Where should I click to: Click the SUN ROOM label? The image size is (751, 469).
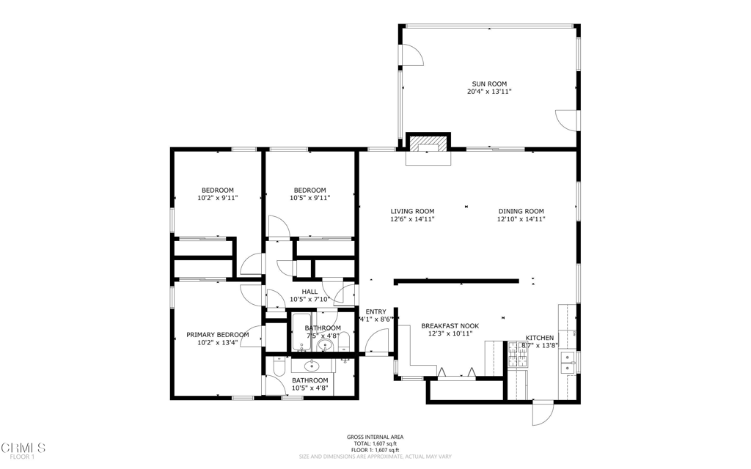488,84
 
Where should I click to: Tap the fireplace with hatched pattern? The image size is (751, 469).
428,144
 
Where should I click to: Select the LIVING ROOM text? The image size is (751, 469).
411,211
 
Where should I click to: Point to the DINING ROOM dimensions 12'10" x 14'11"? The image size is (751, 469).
520,219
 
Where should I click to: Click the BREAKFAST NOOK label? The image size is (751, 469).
450,325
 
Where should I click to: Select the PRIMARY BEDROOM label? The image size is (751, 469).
217,335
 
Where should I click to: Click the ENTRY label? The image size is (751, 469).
375,311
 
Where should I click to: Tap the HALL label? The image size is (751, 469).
309,292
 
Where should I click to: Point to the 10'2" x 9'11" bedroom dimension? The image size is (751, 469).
217,198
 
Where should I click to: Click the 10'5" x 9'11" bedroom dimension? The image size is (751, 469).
309,198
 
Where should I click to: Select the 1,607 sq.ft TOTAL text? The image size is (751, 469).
375,444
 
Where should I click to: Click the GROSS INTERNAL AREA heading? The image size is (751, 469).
375,437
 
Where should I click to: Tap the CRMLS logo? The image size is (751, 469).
23,447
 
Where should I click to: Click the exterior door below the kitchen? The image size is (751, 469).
541,414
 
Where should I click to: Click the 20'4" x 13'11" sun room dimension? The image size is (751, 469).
488,92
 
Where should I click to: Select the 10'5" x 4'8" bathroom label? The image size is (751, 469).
309,388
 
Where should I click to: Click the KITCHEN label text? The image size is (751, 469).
540,338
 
